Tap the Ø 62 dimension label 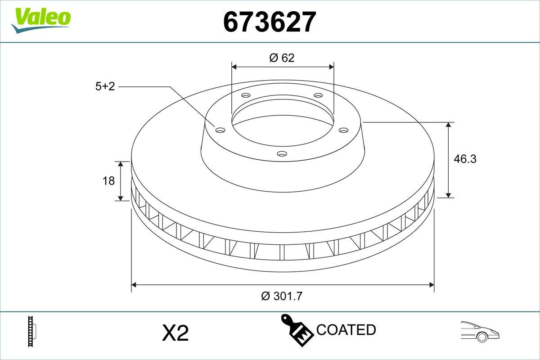282,58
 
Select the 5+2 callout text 105,86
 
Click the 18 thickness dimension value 108,181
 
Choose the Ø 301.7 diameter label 282,296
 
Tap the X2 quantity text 175,333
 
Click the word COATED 346,330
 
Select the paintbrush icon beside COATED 297,329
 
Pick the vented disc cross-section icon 31,331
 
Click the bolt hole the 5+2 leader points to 220,130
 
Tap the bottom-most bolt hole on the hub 282,154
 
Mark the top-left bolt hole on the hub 245,95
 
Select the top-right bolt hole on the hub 318,95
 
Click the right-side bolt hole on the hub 343,130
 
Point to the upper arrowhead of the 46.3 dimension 448,125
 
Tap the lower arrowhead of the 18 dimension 121,198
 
